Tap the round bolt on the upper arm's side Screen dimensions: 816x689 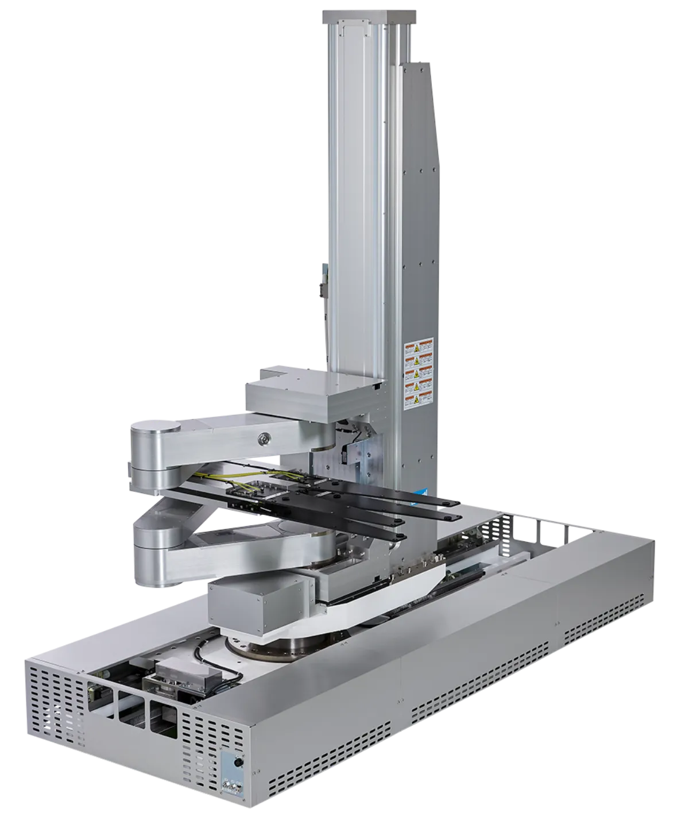tap(264, 438)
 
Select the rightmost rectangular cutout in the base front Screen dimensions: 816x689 tap(163, 717)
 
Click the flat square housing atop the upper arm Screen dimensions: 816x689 tap(313, 397)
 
